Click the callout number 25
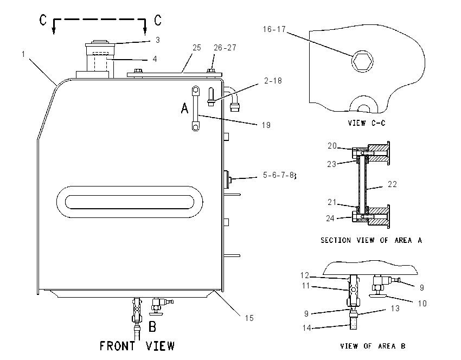tap(197, 48)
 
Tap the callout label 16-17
tap(274, 29)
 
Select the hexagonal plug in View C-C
tap(362, 61)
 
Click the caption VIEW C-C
tap(366, 123)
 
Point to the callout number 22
tap(393, 184)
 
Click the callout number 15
tap(249, 318)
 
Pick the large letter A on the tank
tap(184, 108)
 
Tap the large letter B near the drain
tap(152, 326)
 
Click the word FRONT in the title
tap(118, 345)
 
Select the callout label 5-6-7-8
tap(278, 175)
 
